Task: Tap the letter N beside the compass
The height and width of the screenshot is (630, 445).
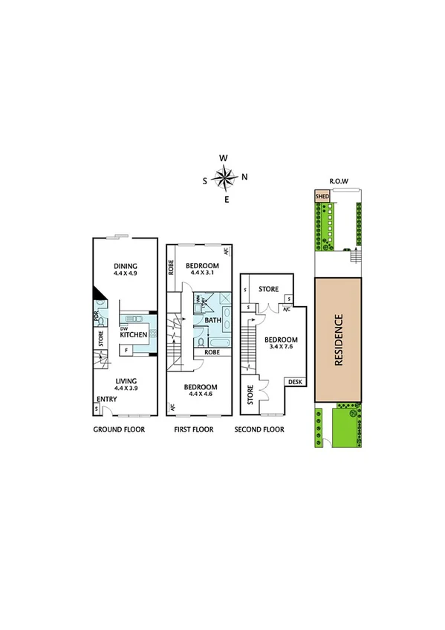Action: [x=244, y=177]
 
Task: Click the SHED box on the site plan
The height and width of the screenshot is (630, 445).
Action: [x=322, y=197]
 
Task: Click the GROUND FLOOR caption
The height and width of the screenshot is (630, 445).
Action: [x=119, y=429]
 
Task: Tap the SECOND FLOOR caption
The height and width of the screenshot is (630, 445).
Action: [x=261, y=429]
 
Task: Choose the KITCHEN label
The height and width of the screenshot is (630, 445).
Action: [x=133, y=335]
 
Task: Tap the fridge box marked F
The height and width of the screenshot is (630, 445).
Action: [x=126, y=348]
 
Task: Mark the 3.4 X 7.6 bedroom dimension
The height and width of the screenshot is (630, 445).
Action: [x=280, y=349]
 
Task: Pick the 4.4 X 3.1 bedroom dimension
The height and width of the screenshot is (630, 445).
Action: [x=202, y=273]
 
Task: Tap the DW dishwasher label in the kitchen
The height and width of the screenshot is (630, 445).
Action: [x=125, y=328]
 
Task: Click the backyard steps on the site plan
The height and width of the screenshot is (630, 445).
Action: [x=354, y=257]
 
